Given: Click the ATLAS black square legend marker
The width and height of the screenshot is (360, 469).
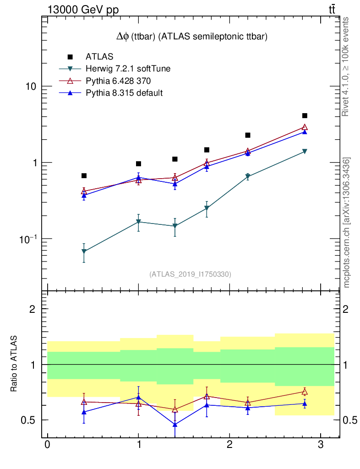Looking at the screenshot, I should (x=70, y=57).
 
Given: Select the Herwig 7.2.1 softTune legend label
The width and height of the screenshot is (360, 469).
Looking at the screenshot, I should (x=128, y=69).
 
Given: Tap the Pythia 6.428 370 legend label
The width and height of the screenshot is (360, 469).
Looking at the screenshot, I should (x=118, y=81).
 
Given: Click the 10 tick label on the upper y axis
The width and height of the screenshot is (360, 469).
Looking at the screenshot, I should (x=31, y=87).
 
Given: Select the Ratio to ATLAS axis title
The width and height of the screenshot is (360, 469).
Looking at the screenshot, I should (x=15, y=364).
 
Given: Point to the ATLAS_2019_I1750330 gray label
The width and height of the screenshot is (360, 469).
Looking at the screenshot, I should (x=190, y=274).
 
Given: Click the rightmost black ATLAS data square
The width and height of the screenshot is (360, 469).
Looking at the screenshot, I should (x=305, y=116).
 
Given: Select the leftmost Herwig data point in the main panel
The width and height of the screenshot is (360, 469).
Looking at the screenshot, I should (x=84, y=251).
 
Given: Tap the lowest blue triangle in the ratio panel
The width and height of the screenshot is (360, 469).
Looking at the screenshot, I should (x=175, y=425).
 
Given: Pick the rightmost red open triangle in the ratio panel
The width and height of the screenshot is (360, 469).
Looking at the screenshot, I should (x=305, y=392).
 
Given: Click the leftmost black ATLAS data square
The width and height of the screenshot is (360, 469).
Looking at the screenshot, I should (x=84, y=176).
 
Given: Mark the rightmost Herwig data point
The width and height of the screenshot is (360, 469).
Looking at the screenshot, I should (x=305, y=151).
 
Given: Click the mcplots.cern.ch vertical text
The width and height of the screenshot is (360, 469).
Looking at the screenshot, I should (x=347, y=222).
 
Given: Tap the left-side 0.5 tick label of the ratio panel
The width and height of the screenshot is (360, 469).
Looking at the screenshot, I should (x=31, y=420).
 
